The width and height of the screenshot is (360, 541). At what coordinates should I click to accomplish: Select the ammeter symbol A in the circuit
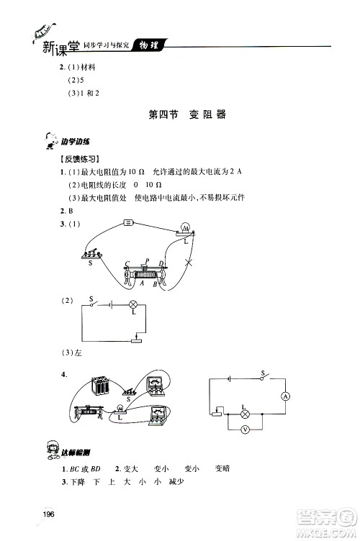[x=284, y=396]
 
